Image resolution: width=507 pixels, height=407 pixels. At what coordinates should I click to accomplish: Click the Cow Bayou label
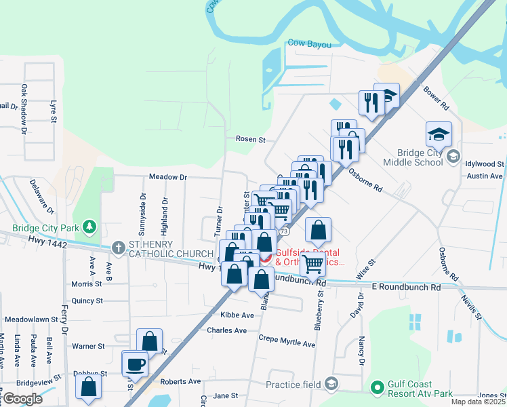pos(309,43)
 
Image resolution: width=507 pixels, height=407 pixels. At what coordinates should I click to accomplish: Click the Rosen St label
pos(250,139)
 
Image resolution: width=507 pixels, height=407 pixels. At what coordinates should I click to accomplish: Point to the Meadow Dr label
pos(167,177)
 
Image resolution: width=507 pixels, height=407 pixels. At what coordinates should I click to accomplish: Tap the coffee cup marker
pos(134,364)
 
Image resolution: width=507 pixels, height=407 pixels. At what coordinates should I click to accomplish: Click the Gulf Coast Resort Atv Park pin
pos(377,388)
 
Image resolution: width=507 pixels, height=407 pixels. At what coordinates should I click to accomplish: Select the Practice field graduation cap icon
pos(331,385)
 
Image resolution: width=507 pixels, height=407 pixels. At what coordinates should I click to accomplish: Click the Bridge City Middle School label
pos(413,157)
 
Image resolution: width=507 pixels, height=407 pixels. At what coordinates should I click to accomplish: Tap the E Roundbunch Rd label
pos(407,288)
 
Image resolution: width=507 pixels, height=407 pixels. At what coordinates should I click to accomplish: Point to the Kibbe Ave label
pos(237,315)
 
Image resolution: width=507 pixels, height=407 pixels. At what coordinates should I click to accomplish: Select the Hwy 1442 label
pos(47,242)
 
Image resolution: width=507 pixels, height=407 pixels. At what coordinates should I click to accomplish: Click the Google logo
pos(22,399)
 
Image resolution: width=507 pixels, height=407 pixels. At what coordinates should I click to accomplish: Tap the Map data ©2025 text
pos(477,402)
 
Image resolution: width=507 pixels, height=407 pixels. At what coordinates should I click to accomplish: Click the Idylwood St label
pos(485,164)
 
